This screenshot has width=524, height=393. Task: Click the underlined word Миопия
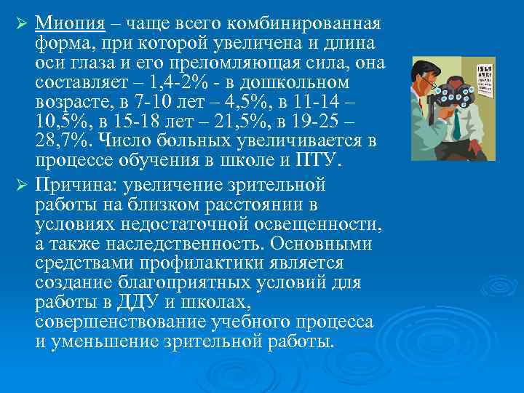pos(71,25)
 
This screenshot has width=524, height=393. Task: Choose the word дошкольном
pos(295,82)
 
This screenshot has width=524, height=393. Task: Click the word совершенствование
pos(122,319)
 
